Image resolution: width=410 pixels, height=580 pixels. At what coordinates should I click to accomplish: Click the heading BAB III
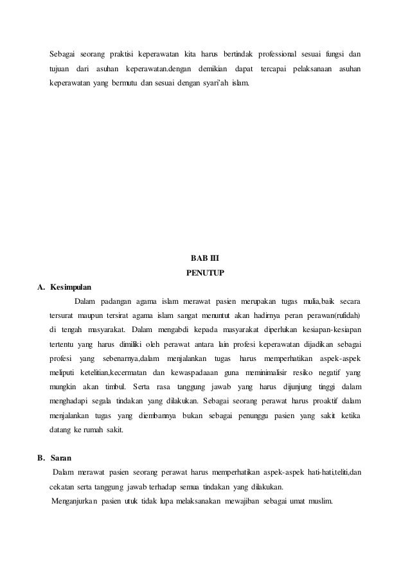point(204,259)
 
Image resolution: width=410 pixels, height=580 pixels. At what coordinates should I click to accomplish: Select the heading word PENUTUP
point(204,273)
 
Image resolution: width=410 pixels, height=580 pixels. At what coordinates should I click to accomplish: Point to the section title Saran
point(61,459)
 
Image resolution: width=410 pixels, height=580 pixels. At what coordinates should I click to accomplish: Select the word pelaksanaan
point(312,68)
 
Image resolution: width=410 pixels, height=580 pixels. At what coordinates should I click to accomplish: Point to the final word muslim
point(318,501)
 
